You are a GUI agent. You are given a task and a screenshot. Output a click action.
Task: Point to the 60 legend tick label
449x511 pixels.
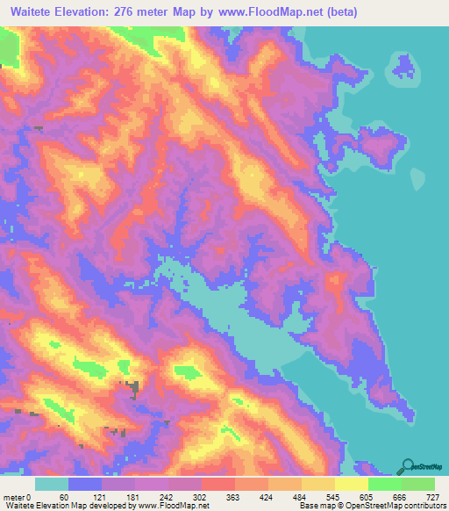(x=64, y=496)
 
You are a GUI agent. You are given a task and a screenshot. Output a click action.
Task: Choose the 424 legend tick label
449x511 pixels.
(x=276, y=496)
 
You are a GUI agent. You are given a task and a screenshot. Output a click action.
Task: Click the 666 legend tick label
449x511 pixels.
(x=401, y=496)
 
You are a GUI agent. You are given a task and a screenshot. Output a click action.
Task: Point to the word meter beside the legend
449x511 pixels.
(x=12, y=496)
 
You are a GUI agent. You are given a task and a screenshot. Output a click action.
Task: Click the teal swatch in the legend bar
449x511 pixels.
(x=52, y=484)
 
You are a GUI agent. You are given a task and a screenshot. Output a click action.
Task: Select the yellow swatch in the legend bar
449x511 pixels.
(x=351, y=484)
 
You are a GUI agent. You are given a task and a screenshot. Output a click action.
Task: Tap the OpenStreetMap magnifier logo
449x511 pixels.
(x=408, y=467)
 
